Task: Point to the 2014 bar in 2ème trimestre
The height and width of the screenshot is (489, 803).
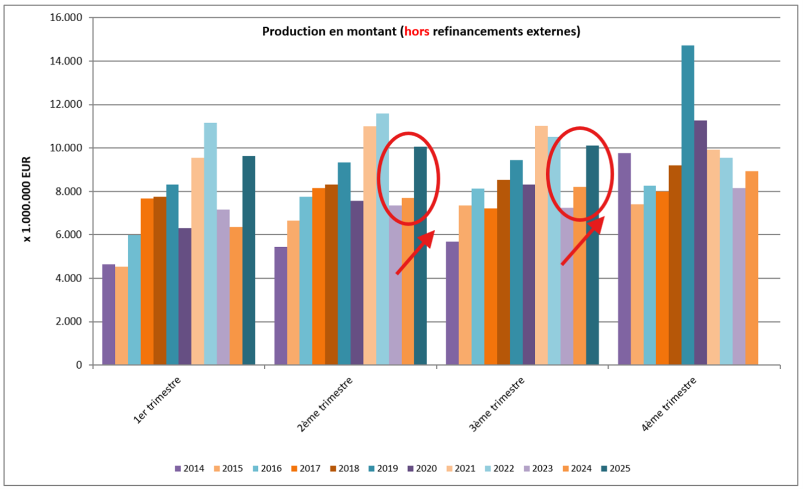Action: coord(281,305)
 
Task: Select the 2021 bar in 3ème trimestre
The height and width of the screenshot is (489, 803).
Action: coord(541,245)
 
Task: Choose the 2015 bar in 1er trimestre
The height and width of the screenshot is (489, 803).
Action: coord(121,315)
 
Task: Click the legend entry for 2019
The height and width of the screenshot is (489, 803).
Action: coord(383,468)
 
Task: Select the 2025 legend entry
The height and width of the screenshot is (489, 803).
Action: coord(615,468)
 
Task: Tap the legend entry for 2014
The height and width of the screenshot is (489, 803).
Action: coord(189,468)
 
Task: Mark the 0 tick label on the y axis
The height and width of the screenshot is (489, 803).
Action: coord(79,365)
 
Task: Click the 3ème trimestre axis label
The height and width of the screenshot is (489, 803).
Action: coord(497,404)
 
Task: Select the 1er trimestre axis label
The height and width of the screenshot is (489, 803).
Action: coord(157,400)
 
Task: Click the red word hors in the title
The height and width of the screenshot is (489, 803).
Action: coord(417,32)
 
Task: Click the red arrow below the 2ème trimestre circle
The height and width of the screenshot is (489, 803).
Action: coord(415,252)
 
